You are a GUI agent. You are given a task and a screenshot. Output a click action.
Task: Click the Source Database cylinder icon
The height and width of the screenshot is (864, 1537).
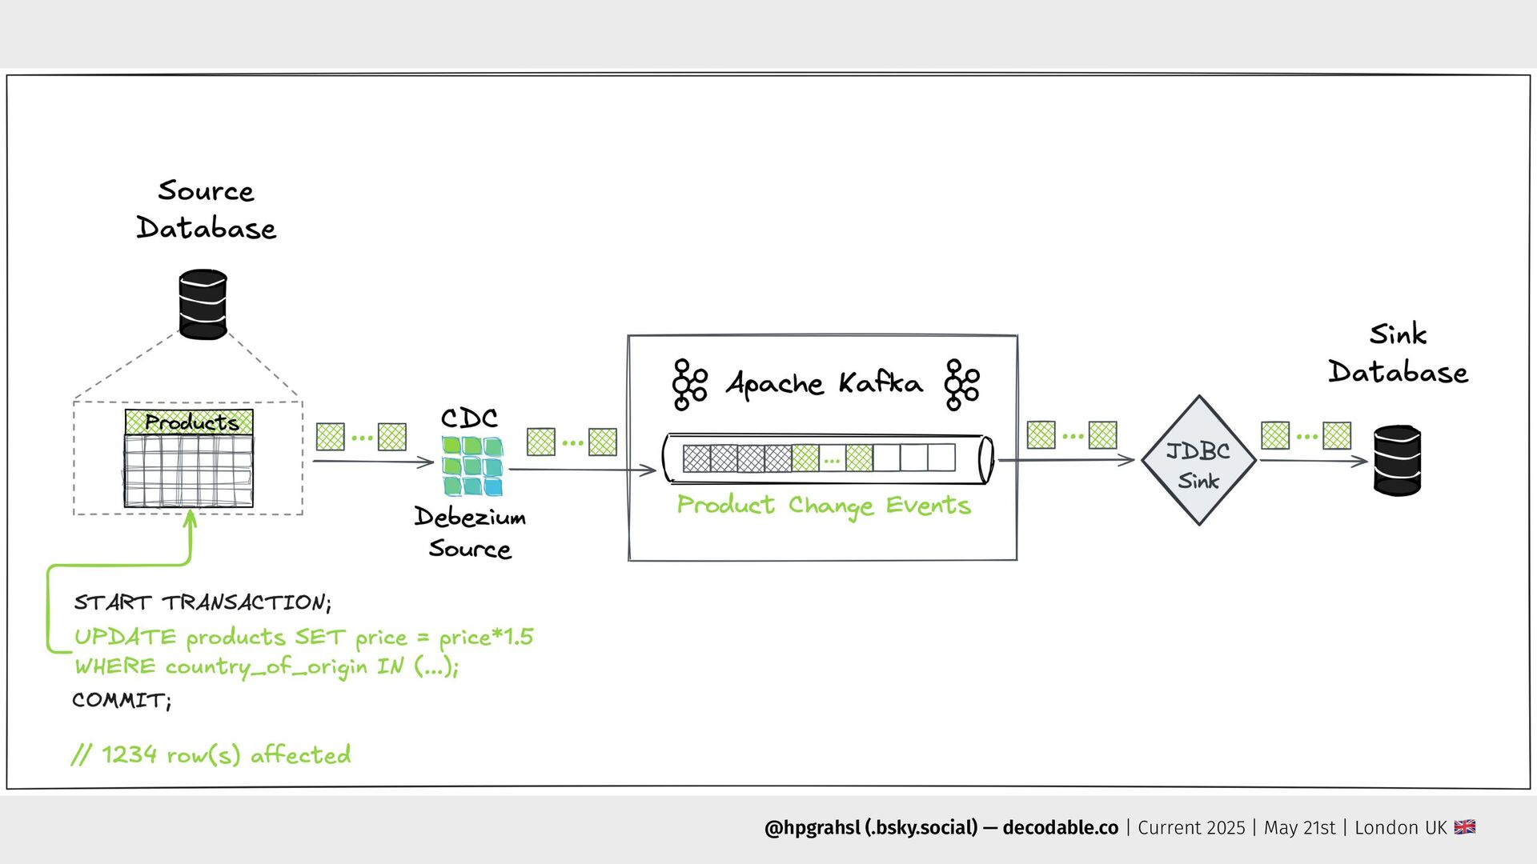point(203,304)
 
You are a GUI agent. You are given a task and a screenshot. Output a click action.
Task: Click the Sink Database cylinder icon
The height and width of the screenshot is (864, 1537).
point(1397,460)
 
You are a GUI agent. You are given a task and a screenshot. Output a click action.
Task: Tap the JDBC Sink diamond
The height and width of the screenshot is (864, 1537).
point(1198,461)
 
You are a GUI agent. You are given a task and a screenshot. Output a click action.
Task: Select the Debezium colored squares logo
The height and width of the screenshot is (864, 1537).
point(472,466)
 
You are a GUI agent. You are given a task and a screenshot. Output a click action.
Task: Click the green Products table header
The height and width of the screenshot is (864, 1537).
point(189,422)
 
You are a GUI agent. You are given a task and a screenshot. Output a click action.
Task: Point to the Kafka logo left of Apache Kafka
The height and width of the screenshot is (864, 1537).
point(689,385)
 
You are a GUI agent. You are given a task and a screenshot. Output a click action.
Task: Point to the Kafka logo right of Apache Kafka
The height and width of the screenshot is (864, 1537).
point(961,385)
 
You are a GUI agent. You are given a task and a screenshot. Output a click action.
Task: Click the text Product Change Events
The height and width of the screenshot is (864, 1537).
point(824,506)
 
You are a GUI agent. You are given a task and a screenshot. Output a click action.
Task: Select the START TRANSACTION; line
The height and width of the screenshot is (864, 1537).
point(203,602)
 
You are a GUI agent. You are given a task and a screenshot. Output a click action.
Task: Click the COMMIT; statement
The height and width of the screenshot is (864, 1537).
point(122,700)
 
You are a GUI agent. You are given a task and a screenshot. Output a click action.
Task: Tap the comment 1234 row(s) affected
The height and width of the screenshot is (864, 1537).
point(211,754)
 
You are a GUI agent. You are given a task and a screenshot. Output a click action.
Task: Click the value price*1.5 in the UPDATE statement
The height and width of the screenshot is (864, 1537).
point(486,638)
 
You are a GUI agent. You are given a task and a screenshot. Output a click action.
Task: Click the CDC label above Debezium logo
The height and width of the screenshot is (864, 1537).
point(469,418)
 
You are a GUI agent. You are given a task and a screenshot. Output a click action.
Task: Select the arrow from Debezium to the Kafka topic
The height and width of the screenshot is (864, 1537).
point(583,470)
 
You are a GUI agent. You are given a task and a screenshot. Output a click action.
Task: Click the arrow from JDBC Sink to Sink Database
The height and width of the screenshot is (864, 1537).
point(1313,461)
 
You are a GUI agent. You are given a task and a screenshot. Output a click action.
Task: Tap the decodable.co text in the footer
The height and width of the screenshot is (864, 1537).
point(1060,828)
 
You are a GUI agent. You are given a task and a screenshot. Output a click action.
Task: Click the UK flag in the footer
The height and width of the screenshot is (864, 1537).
point(1465,827)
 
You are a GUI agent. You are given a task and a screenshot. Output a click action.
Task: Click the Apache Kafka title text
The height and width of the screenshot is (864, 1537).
point(824,384)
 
